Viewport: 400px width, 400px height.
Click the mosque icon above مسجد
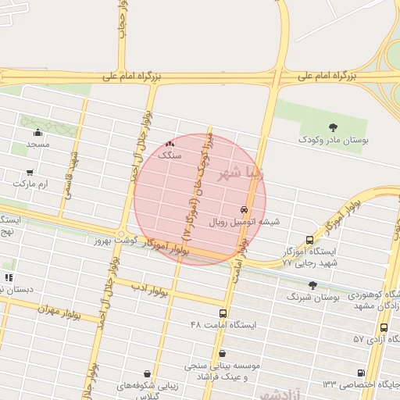(x=37, y=133)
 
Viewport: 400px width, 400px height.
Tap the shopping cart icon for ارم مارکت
(x=30, y=172)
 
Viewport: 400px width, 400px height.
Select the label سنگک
(x=170, y=155)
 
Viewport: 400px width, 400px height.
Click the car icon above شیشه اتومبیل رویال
(x=245, y=209)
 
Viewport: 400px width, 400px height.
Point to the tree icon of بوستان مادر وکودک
(x=334, y=127)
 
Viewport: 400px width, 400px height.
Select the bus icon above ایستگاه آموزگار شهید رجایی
(x=310, y=240)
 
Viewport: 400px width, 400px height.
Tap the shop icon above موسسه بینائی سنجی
(x=222, y=353)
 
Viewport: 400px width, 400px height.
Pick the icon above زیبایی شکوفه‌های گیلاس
(x=148, y=374)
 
